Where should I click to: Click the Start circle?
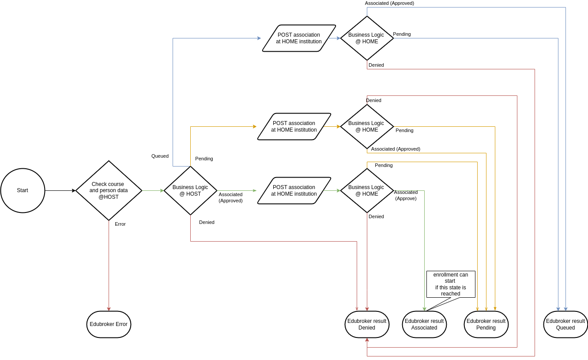pos(23,190)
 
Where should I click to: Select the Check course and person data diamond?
pos(109,190)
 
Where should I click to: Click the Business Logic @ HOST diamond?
pos(190,190)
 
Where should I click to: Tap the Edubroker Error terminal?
pos(109,324)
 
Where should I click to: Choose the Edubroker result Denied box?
pos(367,324)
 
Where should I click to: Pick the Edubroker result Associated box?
pos(424,324)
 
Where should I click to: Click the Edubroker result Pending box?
pos(486,324)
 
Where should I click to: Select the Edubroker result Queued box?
pos(565,324)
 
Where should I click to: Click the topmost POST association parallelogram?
pos(299,38)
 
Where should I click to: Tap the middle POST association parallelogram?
pos(294,126)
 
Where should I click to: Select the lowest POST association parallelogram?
pos(294,190)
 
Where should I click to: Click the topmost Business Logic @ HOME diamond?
pos(367,38)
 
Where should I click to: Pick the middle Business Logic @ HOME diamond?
pos(367,126)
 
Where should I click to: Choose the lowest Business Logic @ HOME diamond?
pos(367,190)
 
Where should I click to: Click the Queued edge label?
pos(160,156)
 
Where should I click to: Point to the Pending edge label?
pos(402,34)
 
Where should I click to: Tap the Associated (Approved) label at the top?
pos(389,3)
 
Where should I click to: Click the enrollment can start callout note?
pos(450,284)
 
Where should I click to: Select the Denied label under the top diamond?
pos(376,65)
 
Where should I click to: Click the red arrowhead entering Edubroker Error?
pos(109,309)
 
